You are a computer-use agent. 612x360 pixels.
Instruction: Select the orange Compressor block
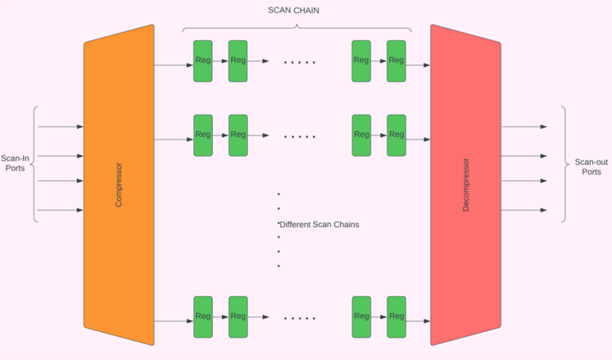point(119,185)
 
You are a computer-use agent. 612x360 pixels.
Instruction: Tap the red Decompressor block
point(465,185)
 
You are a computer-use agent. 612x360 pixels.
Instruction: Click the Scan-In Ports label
point(17,162)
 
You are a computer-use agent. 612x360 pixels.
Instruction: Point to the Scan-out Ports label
point(590,166)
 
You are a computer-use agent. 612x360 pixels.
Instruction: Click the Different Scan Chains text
point(319,225)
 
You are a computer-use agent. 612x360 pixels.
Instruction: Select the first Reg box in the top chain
point(203,61)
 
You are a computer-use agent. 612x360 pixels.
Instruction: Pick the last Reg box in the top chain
point(396,61)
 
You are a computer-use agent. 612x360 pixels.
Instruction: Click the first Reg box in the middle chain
point(203,135)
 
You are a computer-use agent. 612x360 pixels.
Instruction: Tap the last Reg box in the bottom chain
point(396,317)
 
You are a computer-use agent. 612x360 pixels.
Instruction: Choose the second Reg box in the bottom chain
point(238,317)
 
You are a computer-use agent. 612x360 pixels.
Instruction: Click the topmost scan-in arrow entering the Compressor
point(61,127)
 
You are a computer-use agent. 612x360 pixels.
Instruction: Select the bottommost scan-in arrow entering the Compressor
point(61,210)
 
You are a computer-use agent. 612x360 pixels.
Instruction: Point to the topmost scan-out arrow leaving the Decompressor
point(524,127)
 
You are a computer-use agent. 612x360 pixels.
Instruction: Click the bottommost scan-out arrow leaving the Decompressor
point(524,210)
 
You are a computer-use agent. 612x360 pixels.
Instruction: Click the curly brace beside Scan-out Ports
point(564,164)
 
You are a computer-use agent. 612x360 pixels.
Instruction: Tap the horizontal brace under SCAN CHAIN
point(296,29)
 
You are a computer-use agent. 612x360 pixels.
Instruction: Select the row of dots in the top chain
point(300,62)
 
